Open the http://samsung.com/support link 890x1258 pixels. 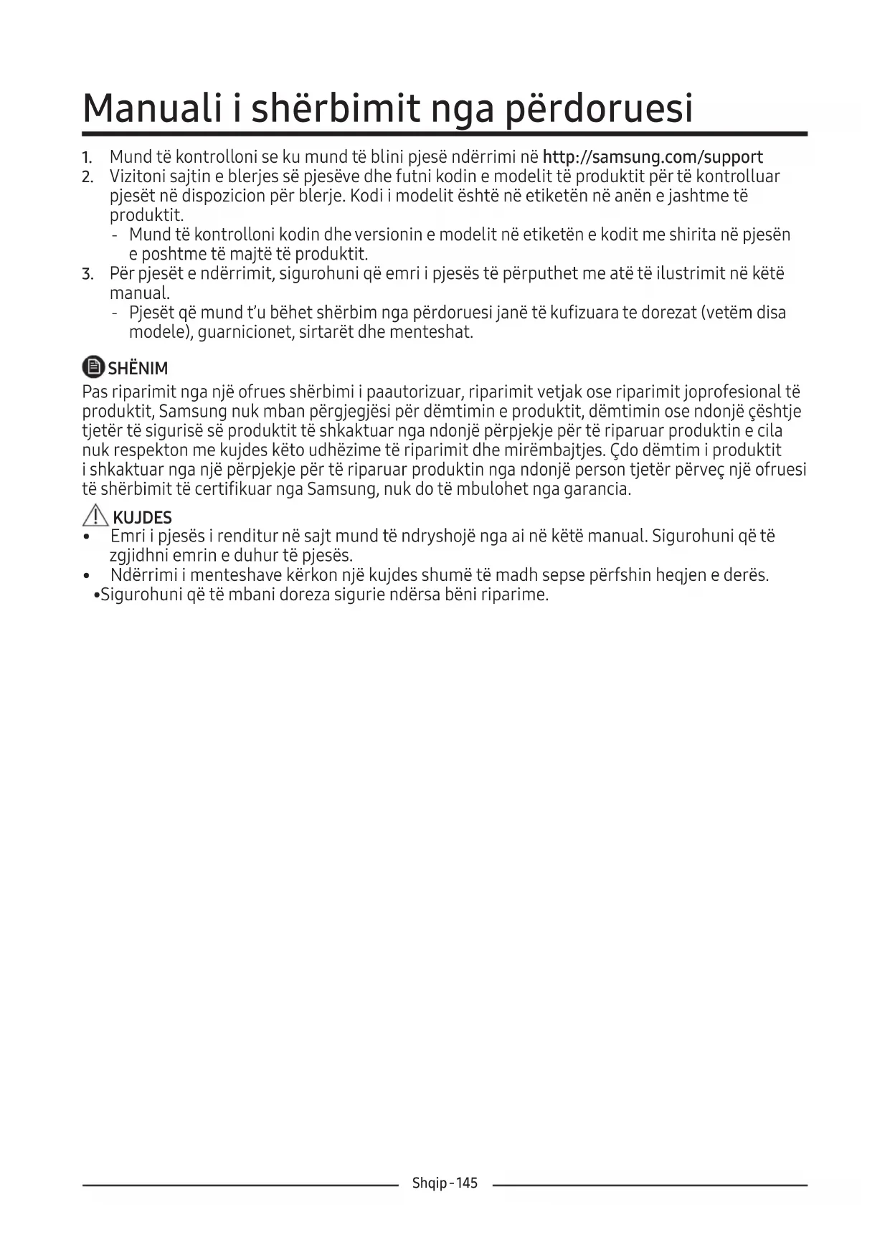coord(653,157)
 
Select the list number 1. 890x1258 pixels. coord(87,158)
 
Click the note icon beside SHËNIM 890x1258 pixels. coord(93,367)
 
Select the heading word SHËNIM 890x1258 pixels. coord(138,369)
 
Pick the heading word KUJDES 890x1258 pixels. coord(142,518)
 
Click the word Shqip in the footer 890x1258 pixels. coord(429,1183)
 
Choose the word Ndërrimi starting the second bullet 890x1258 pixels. coord(143,575)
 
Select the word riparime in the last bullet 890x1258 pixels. coord(519,595)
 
